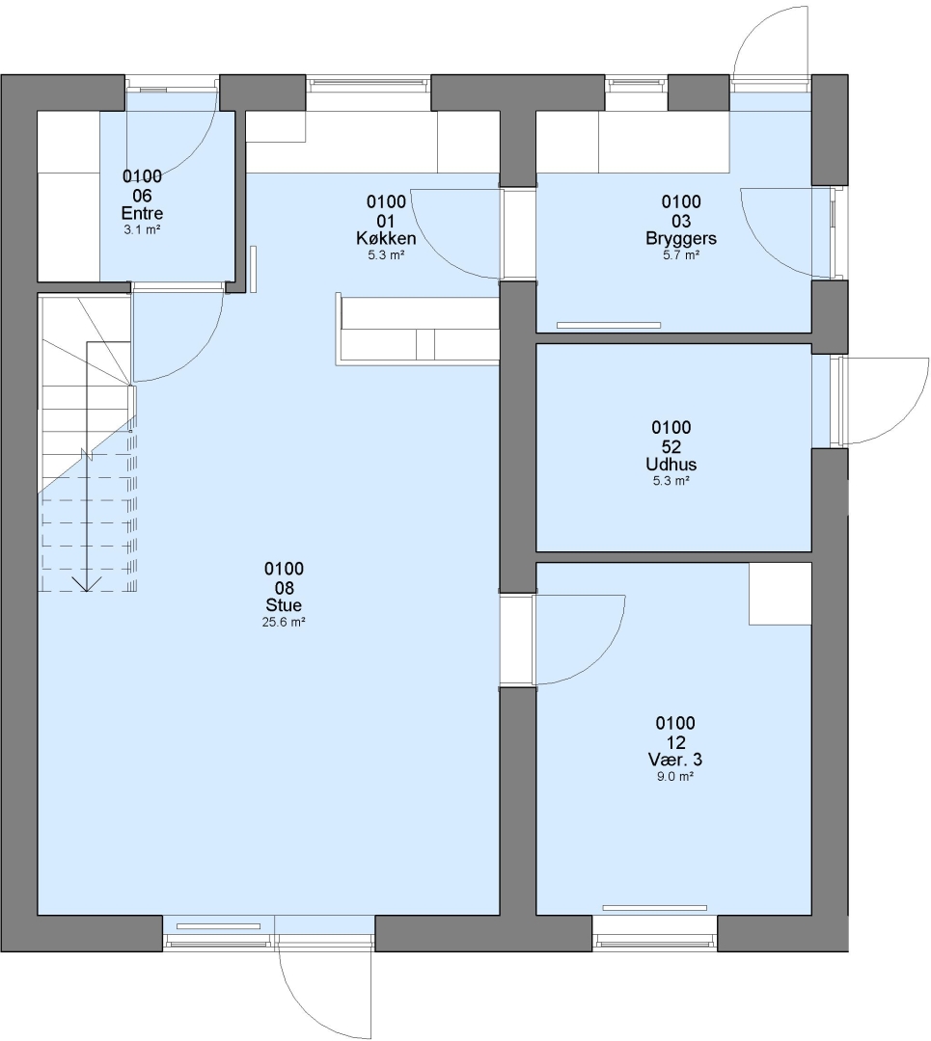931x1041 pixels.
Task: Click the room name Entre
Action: tap(142, 213)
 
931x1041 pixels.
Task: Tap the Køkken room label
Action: tap(386, 238)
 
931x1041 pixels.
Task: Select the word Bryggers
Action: tap(681, 238)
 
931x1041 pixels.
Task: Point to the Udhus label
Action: tap(671, 464)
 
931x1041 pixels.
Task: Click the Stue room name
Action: tap(284, 604)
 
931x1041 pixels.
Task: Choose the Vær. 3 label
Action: tap(675, 760)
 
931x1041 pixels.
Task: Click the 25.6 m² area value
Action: tap(284, 622)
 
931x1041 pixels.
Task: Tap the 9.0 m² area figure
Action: tap(675, 776)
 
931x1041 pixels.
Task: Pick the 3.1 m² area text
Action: tap(142, 229)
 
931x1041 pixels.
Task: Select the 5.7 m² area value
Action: tap(681, 254)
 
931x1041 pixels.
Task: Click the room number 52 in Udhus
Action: tap(671, 446)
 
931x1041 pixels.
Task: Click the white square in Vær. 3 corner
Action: tap(780, 594)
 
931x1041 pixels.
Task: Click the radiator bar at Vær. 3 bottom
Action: tap(654, 908)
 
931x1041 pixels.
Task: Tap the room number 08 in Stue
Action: tap(284, 588)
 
